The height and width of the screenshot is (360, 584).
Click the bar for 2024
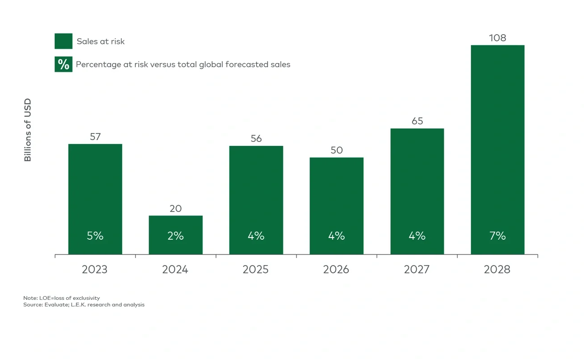176,235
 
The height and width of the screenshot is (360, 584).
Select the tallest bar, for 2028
497,149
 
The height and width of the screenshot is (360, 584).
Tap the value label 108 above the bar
497,38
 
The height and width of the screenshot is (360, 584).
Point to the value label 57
95,136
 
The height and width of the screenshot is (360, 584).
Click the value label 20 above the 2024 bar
176,208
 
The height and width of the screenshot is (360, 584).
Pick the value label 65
417,121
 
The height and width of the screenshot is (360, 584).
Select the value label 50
336,150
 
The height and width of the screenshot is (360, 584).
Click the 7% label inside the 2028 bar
497,236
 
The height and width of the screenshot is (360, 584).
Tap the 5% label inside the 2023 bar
95,236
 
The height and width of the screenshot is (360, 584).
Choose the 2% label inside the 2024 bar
176,236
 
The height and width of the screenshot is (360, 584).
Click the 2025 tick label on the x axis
256,269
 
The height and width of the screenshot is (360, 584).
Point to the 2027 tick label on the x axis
417,269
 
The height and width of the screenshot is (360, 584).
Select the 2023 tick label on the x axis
95,269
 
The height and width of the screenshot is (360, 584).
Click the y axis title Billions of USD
28,131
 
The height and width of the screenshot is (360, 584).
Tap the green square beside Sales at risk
63,41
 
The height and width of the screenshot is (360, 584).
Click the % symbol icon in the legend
63,64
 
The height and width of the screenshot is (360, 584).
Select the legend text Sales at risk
101,41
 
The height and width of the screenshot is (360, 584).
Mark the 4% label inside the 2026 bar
336,236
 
